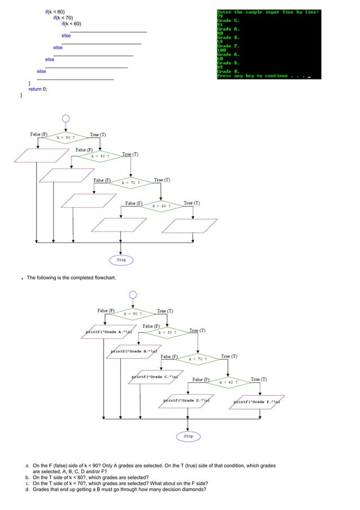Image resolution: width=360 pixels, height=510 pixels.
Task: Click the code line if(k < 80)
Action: pos(55,11)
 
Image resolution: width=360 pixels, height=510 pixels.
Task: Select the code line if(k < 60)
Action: pos(71,24)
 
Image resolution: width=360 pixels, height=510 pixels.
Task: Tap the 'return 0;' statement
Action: pos(38,89)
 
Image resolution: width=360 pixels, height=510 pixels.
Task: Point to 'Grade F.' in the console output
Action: pos(229,46)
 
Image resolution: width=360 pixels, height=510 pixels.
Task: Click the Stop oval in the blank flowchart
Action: pos(121,260)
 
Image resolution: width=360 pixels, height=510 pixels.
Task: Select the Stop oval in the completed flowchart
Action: pos(188,436)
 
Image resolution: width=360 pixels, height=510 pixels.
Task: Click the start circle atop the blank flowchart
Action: pos(66,119)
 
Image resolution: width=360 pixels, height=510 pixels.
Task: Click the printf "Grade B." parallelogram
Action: pos(134,352)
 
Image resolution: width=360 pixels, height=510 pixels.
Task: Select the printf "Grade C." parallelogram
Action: pos(155,377)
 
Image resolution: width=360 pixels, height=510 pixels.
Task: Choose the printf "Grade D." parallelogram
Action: pos(186,401)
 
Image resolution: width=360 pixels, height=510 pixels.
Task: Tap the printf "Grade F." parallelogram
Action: pos(257,402)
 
